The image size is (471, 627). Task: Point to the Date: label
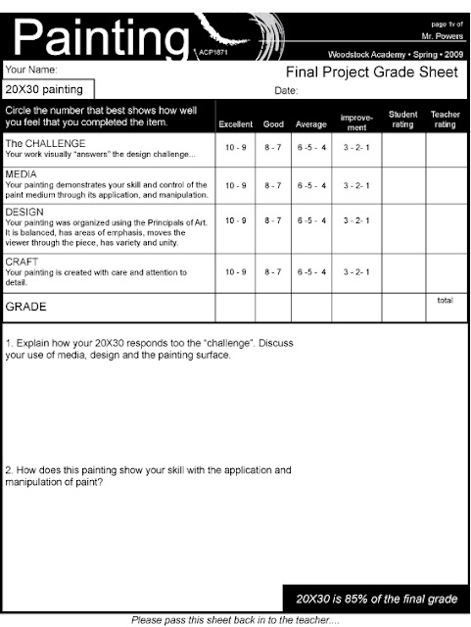point(286,90)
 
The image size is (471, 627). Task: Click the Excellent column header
point(236,124)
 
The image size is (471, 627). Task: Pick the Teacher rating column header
point(446,119)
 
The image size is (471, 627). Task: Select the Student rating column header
point(402,119)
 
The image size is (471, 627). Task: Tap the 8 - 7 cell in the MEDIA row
point(274,185)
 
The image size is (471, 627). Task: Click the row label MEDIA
point(22,174)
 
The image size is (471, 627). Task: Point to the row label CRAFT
point(22,262)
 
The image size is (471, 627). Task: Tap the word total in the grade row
point(446,300)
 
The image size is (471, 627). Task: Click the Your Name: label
point(31,71)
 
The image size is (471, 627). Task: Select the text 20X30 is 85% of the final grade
point(377,598)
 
